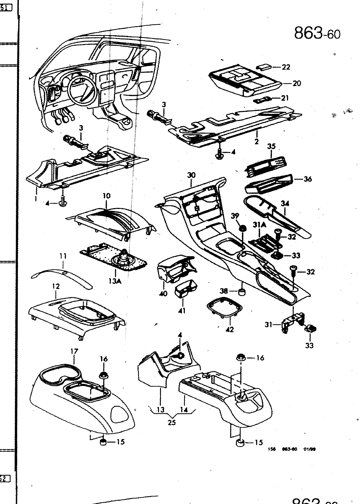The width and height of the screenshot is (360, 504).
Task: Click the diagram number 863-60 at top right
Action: (x=317, y=32)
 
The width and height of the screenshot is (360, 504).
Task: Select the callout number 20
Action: (x=296, y=83)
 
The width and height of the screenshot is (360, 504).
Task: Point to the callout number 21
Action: (x=285, y=98)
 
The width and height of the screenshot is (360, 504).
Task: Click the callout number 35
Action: (x=271, y=146)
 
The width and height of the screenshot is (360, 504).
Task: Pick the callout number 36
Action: (x=307, y=179)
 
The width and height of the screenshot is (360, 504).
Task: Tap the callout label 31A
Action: (x=260, y=225)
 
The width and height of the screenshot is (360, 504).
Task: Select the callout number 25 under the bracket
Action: (x=172, y=422)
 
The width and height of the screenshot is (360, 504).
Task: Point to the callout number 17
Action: (x=75, y=351)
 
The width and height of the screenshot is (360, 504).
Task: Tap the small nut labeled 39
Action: (x=243, y=227)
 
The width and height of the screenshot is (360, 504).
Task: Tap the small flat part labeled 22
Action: (x=264, y=67)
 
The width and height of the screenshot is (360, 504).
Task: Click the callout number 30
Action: (x=191, y=175)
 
